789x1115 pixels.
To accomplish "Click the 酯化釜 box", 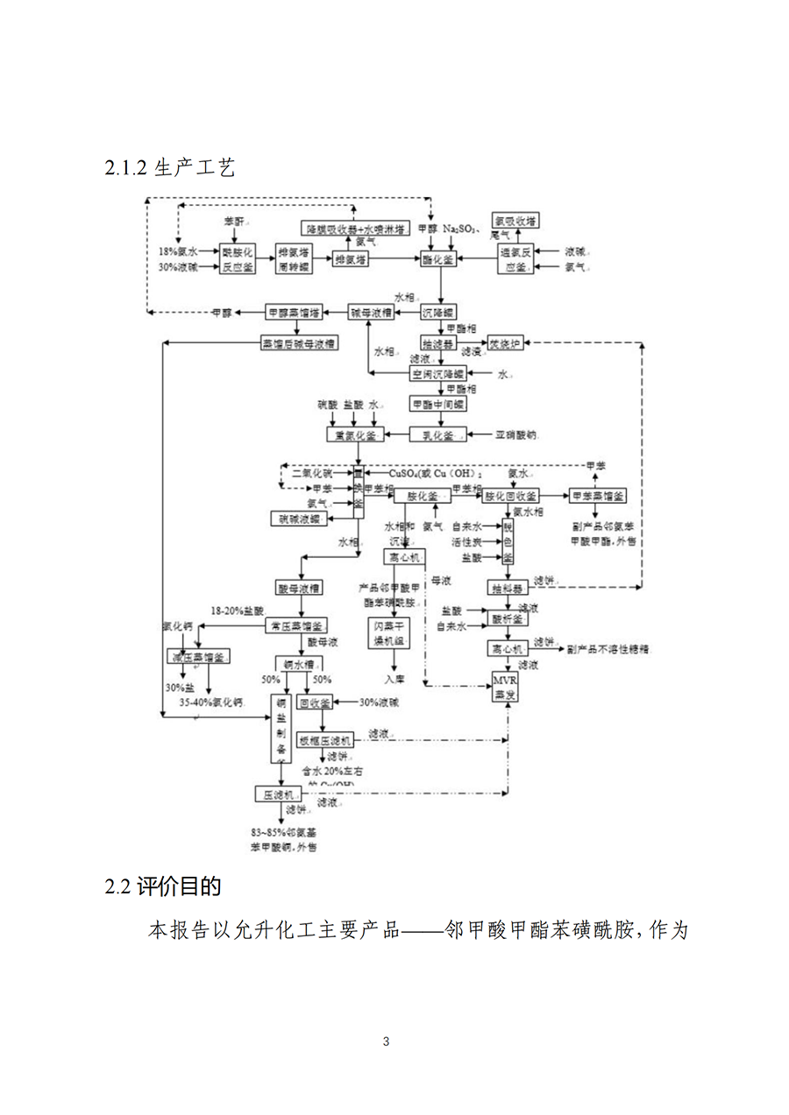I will click(437, 259).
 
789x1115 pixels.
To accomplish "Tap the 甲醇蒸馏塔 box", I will click(294, 312).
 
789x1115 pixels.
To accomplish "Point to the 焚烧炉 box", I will click(505, 344).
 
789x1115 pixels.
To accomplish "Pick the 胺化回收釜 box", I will click(510, 496).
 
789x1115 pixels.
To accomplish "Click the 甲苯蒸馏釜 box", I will click(598, 496).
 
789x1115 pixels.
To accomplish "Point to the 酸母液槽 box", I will click(299, 587).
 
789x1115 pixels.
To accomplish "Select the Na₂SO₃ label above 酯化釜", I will click(458, 229).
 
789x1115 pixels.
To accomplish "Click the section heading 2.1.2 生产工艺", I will click(170, 167).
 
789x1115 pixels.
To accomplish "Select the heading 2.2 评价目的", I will click(163, 886).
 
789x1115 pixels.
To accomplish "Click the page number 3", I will click(386, 1041).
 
